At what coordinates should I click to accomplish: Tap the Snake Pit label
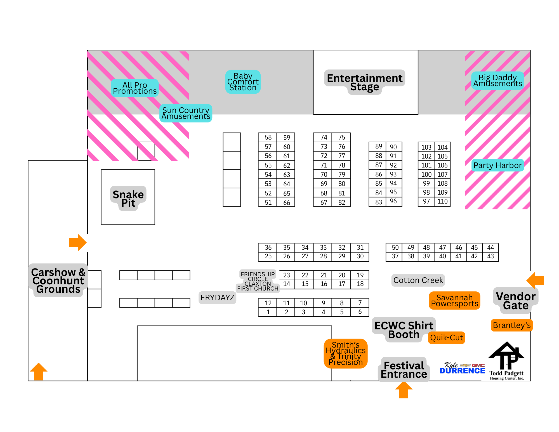128,198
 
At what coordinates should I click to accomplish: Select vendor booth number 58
268,137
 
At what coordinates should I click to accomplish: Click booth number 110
442,201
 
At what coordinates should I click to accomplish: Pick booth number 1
268,312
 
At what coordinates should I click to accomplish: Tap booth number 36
268,247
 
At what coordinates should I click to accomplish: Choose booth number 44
490,247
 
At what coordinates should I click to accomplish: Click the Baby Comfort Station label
243,82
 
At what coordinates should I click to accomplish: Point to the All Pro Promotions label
135,88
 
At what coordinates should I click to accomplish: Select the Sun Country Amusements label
186,113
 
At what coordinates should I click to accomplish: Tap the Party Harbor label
497,165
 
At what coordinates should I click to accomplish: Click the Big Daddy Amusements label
497,81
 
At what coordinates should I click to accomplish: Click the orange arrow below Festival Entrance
404,390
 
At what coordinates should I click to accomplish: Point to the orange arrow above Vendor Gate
536,280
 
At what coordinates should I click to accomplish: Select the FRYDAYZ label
217,298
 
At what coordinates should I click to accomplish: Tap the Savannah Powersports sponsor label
454,301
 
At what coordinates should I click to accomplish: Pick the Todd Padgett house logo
506,361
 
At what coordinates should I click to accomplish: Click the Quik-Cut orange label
446,338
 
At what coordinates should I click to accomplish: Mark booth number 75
341,137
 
